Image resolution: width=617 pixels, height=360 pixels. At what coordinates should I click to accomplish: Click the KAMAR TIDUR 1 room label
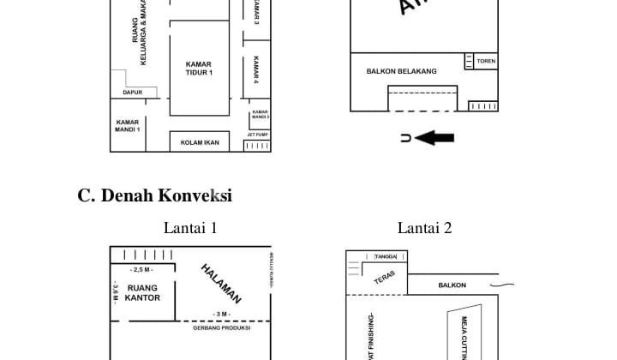(x=199, y=69)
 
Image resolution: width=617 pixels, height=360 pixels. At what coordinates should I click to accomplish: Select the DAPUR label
(x=132, y=92)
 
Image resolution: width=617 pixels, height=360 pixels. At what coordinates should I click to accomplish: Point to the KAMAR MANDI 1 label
(x=128, y=125)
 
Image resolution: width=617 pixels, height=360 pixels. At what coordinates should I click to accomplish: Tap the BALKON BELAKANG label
(x=401, y=71)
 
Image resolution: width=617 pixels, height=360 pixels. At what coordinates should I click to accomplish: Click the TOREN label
(x=486, y=62)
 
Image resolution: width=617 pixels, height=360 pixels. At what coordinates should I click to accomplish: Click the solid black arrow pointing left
(x=438, y=137)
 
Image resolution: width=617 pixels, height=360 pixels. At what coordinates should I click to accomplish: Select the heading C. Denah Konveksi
(x=154, y=195)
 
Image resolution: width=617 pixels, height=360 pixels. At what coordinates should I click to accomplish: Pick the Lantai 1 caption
(x=190, y=228)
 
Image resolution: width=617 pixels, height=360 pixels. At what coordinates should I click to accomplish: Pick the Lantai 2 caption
(x=424, y=228)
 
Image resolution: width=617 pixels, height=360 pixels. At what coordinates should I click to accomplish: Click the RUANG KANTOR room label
(x=143, y=293)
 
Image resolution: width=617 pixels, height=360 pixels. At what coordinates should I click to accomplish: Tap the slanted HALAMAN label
(x=221, y=284)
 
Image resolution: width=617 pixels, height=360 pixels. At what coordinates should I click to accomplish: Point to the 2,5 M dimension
(x=143, y=269)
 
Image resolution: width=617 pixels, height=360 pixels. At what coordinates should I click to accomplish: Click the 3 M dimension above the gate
(x=223, y=314)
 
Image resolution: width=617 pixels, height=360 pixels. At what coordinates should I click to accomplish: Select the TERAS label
(x=385, y=278)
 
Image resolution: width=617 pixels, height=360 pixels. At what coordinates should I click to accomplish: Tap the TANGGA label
(x=386, y=256)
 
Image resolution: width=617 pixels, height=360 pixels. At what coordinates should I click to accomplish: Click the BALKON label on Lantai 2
(x=452, y=285)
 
